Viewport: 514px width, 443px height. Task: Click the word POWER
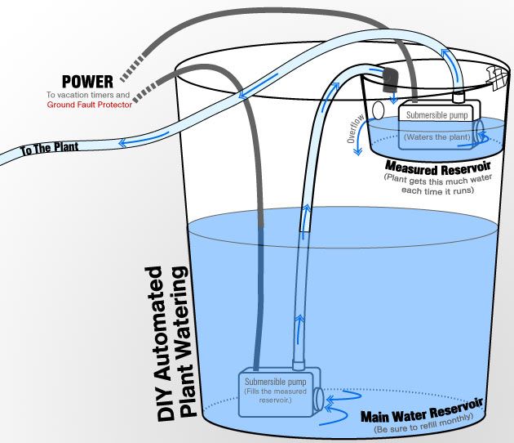point(88,82)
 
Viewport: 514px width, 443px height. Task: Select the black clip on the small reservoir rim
point(389,78)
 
